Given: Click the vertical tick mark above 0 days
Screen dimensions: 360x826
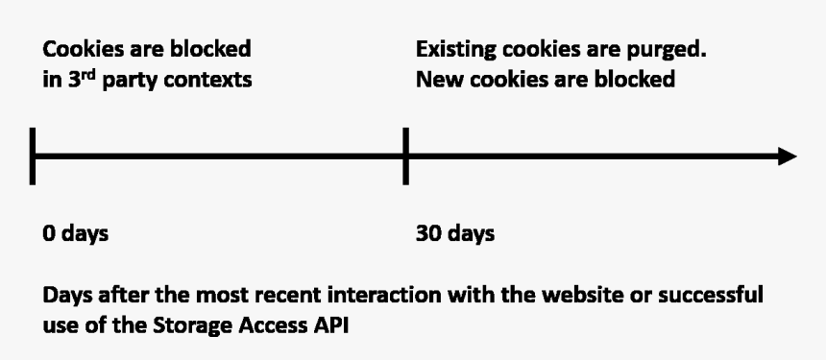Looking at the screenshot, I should pos(34,156).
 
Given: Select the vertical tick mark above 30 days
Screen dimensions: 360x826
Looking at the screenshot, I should pos(405,156).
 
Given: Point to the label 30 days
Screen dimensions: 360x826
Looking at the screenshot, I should pos(454,234).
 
